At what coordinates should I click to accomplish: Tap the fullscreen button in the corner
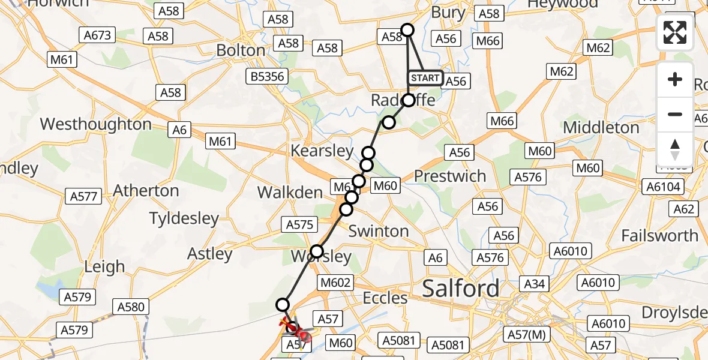tap(675, 32)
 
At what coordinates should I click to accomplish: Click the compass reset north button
tap(675, 148)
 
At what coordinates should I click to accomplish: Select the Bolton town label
tap(241, 50)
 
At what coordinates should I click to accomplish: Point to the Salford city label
tap(461, 289)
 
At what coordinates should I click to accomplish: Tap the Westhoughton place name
tap(95, 124)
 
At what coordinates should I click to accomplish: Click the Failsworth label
tap(660, 235)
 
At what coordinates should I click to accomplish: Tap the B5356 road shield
tap(269, 76)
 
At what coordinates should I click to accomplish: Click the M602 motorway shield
tap(335, 282)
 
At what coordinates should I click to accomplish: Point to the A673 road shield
tap(98, 35)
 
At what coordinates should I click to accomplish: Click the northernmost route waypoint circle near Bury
tap(407, 30)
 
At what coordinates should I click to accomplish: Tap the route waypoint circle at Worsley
tap(317, 251)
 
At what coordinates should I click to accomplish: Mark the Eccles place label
tap(385, 298)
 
